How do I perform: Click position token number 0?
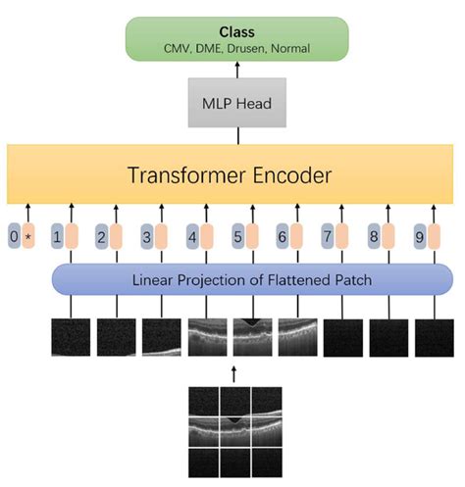click(x=13, y=238)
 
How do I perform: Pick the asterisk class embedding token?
click(x=30, y=238)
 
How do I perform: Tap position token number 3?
click(x=146, y=238)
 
